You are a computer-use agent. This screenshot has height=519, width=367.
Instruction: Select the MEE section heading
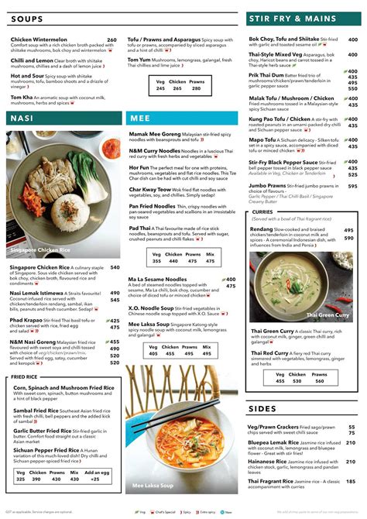[x=140, y=119]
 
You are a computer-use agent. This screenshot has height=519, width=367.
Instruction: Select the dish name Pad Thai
[x=140, y=229]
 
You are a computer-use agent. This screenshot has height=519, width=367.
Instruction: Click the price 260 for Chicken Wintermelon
[x=111, y=40]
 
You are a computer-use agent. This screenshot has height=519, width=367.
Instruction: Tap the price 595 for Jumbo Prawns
[x=352, y=186]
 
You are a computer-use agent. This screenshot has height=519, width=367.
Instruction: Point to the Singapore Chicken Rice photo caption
[x=40, y=251]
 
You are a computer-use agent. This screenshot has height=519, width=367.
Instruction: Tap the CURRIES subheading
[x=262, y=211]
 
